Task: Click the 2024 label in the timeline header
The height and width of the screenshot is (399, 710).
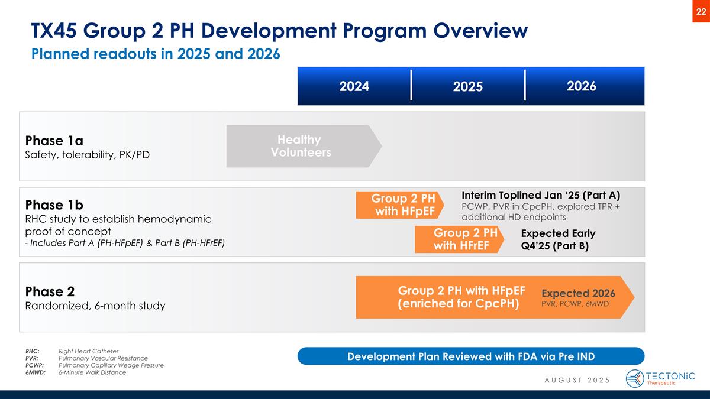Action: click(354, 86)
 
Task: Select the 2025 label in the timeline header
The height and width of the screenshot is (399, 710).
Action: click(469, 86)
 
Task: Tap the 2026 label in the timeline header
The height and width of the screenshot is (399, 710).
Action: click(581, 86)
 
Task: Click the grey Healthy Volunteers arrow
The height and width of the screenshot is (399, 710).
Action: click(301, 146)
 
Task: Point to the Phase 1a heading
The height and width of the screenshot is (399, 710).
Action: click(54, 141)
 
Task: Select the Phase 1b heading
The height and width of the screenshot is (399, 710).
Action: click(54, 205)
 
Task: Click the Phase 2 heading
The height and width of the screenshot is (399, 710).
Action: click(50, 291)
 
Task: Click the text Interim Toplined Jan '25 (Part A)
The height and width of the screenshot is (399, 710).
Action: click(540, 194)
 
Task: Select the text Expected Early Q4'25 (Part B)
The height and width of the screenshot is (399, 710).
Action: click(558, 239)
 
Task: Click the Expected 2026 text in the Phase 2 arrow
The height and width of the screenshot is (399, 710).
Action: click(578, 293)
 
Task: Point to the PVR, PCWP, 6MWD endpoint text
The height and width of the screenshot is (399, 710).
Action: click(575, 304)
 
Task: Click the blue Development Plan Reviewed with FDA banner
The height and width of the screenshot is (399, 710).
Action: click(470, 356)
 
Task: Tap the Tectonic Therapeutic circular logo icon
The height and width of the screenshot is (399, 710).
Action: click(635, 378)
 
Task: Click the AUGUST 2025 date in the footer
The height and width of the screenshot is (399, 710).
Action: click(576, 379)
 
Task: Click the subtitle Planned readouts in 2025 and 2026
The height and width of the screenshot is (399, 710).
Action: click(155, 54)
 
